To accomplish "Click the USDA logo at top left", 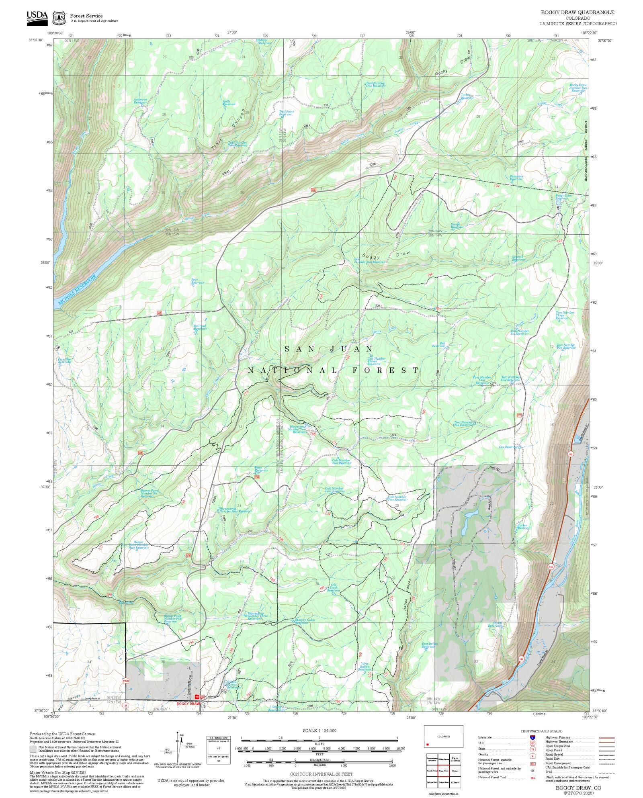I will [x=37, y=18].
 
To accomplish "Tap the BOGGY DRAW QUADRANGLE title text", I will [x=577, y=12].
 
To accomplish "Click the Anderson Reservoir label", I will [x=140, y=101].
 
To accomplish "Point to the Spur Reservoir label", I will [x=198, y=281].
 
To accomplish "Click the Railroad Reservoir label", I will [x=200, y=327].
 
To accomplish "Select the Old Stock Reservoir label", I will [x=334, y=587].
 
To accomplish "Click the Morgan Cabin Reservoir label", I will [x=305, y=621].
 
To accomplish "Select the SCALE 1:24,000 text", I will [x=319, y=730].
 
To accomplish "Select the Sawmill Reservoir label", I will [x=518, y=258].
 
